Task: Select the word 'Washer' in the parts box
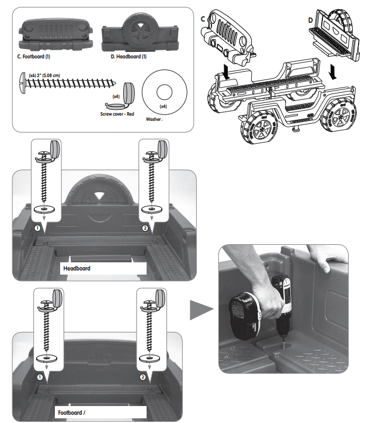tap(154, 119)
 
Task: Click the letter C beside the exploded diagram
tap(203, 19)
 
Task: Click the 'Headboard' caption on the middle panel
tap(77, 269)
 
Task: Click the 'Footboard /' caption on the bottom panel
tap(72, 412)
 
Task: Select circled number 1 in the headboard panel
tap(37, 229)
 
